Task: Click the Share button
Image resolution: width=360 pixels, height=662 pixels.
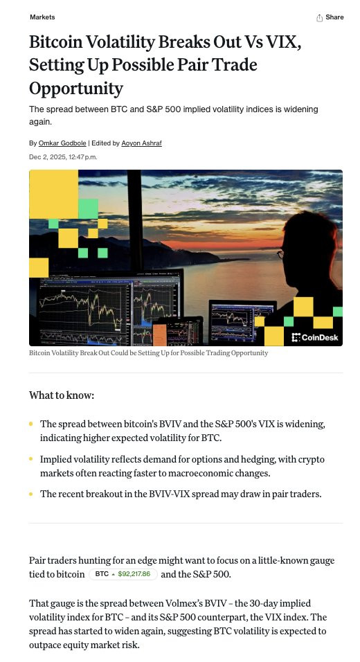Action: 330,17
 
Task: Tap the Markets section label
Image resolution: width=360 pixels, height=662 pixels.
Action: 42,17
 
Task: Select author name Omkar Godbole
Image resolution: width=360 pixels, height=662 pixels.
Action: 62,143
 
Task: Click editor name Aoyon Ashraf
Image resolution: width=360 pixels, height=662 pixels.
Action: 141,143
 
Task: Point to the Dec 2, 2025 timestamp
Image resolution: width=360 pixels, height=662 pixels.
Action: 63,157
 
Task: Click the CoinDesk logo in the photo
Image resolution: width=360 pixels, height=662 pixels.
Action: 315,337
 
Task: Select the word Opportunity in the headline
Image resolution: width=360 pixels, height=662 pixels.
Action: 76,89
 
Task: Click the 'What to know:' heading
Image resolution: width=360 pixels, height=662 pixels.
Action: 62,395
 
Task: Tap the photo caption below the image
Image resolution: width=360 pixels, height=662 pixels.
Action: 149,352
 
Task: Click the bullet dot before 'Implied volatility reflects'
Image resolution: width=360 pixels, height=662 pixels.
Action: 31,458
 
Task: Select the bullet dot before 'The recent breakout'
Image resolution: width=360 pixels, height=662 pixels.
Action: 31,494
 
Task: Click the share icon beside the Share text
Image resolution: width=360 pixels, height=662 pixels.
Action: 319,18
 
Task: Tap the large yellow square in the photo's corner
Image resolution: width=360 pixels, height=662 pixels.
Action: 53,194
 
